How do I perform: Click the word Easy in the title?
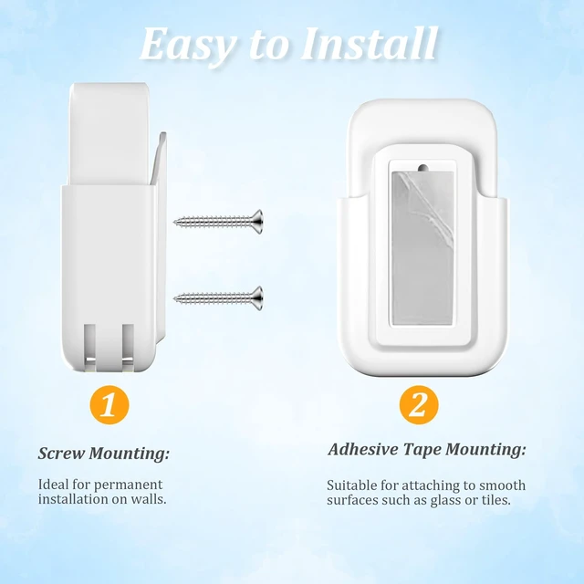pyautogui.click(x=187, y=44)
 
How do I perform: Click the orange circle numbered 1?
pyautogui.click(x=109, y=404)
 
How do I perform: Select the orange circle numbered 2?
pyautogui.click(x=419, y=404)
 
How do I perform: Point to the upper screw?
pyautogui.click(x=218, y=222)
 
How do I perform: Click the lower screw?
pyautogui.click(x=218, y=298)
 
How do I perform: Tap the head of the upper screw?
pyautogui.click(x=257, y=222)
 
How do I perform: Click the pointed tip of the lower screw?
pyautogui.click(x=174, y=297)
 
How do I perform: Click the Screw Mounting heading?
pyautogui.click(x=103, y=454)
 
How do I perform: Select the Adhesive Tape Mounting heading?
pyautogui.click(x=427, y=450)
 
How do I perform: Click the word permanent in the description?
pyautogui.click(x=128, y=485)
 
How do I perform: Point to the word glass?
pyautogui.click(x=446, y=500)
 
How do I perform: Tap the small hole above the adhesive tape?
pyautogui.click(x=422, y=167)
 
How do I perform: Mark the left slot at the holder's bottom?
pyautogui.click(x=89, y=347)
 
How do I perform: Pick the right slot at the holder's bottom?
pyautogui.click(x=128, y=347)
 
